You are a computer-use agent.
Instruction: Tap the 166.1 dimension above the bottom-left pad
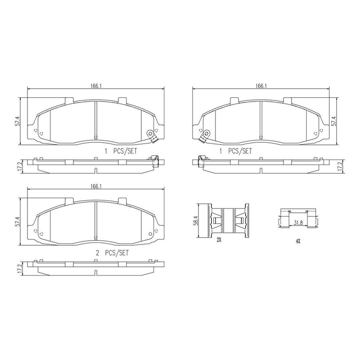95,186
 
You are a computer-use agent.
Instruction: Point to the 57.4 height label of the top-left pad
18,121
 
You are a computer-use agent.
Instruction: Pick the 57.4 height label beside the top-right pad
334,121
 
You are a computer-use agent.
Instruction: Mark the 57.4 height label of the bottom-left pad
18,222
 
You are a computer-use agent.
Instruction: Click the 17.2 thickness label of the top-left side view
18,166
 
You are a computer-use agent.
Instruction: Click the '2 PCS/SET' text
112,253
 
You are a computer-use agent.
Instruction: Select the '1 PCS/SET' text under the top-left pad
121,152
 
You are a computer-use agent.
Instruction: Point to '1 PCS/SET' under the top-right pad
236,152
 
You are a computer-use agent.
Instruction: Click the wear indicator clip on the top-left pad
152,135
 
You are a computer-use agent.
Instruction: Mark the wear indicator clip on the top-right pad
206,135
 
